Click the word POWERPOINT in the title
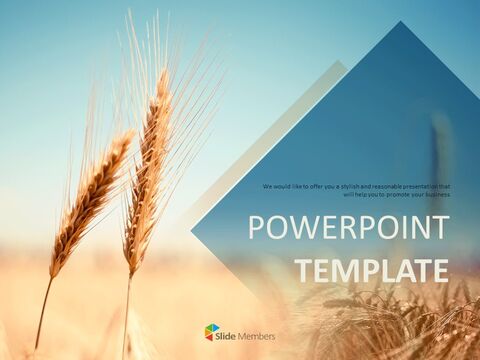348,228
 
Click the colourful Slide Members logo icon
211,332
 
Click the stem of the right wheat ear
126,310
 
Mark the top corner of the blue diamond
404,22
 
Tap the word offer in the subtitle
325,186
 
